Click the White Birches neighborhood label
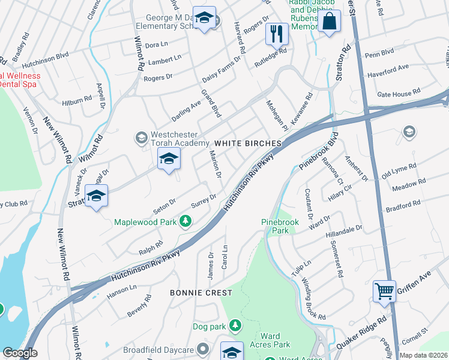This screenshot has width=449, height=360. tap(248, 144)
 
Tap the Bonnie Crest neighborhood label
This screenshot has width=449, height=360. tap(200, 293)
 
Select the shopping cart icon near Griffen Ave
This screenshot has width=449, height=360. tap(384, 292)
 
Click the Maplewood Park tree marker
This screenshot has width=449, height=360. tap(185, 223)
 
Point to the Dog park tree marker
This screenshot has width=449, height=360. tap(235, 326)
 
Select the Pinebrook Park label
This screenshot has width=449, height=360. tap(280, 226)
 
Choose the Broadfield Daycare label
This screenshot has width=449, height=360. tap(158, 350)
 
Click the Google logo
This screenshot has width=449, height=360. tap(20, 353)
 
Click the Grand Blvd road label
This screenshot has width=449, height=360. tap(211, 103)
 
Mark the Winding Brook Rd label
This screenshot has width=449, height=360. tap(313, 299)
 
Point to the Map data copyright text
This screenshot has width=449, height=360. tap(424, 354)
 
